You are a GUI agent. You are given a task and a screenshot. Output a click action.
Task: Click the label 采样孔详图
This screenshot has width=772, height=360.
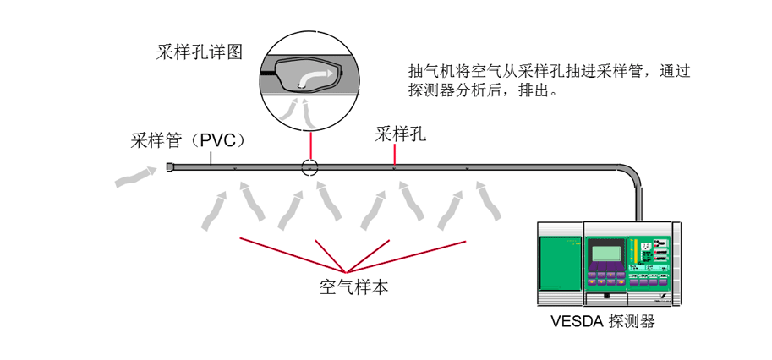(x=200, y=52)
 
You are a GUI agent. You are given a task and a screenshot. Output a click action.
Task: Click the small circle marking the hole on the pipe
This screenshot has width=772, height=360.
(x=310, y=168)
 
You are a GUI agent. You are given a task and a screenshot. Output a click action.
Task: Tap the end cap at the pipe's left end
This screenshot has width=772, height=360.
(x=170, y=167)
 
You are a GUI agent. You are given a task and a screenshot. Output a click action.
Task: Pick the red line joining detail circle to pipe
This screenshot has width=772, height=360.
(x=310, y=144)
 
